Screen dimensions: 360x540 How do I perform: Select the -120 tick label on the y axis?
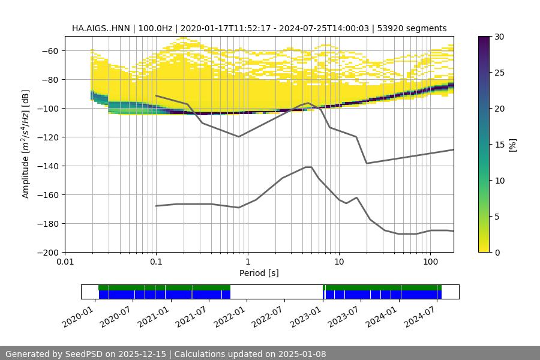[50, 137]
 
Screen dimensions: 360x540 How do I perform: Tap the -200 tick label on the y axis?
[50, 252]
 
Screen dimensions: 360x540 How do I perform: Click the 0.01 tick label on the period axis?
[65, 262]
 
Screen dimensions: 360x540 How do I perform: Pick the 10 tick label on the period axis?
[338, 262]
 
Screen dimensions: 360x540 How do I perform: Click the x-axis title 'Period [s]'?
[259, 273]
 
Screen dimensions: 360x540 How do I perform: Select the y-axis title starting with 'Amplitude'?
[26, 144]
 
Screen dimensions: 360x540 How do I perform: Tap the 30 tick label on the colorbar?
[499, 37]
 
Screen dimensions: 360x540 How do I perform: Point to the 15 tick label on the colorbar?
[499, 145]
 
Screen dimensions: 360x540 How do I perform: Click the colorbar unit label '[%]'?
[512, 145]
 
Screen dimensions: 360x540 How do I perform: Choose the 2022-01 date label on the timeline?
[235, 315]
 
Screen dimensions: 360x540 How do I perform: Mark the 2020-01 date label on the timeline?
[83, 315]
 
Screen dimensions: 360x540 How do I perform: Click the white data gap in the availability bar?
[276, 292]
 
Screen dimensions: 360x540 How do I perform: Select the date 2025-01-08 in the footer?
[303, 354]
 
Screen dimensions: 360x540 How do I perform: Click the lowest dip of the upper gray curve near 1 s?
[239, 137]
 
